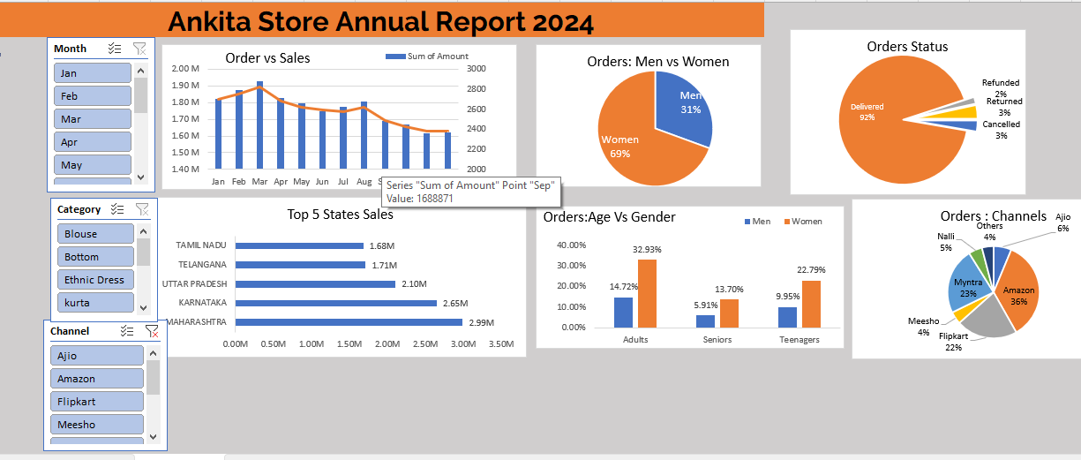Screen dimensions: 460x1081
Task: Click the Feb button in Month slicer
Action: click(93, 96)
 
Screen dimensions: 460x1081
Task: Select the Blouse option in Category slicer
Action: click(96, 234)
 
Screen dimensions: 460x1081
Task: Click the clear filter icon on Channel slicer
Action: click(151, 331)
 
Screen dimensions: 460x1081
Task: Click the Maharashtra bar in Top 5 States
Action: click(349, 322)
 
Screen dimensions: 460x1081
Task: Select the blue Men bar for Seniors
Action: click(705, 321)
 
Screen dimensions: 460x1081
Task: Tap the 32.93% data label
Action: click(647, 250)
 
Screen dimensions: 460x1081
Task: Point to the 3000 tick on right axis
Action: click(477, 69)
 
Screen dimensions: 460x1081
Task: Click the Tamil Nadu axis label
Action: click(201, 245)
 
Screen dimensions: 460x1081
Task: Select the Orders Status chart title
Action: click(907, 47)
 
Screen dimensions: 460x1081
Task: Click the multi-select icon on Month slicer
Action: click(114, 49)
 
